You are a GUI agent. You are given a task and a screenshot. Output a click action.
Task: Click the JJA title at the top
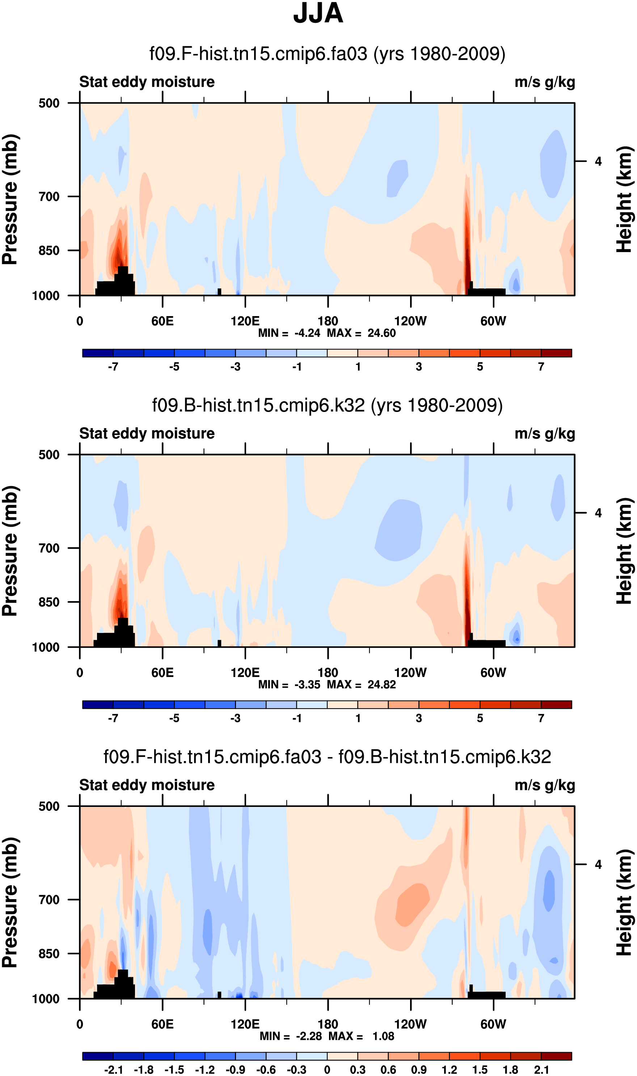pyautogui.click(x=318, y=14)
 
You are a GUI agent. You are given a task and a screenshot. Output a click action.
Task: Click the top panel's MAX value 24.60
pyautogui.click(x=381, y=333)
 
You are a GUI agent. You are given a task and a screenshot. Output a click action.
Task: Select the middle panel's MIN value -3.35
pyautogui.click(x=307, y=684)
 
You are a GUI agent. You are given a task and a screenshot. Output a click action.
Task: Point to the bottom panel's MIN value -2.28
pyautogui.click(x=309, y=1036)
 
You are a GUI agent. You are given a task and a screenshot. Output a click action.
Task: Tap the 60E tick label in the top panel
pyautogui.click(x=162, y=321)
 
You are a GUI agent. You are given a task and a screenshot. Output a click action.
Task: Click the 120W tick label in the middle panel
pyautogui.click(x=410, y=672)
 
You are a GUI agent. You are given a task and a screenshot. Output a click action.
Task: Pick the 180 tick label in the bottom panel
pyautogui.click(x=328, y=1024)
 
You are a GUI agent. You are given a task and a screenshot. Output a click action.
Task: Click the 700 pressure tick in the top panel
pyautogui.click(x=49, y=197)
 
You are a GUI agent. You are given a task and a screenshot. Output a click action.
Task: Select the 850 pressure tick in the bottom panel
pyautogui.click(x=49, y=953)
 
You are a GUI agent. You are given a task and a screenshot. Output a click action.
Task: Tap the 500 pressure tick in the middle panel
pyautogui.click(x=49, y=455)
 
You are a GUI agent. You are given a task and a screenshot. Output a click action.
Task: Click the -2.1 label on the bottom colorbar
pyautogui.click(x=113, y=1069)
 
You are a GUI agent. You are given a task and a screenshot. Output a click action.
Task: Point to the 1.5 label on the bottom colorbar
pyautogui.click(x=480, y=1069)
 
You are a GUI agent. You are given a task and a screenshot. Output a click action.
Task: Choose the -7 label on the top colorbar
pyautogui.click(x=113, y=367)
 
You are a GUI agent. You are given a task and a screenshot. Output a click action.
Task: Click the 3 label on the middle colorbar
pyautogui.click(x=418, y=718)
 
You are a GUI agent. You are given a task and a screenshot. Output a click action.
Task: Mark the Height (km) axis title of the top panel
pyautogui.click(x=625, y=199)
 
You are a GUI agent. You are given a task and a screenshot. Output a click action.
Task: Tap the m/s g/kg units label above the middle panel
pyautogui.click(x=544, y=434)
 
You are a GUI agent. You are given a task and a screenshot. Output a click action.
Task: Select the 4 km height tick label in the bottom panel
pyautogui.click(x=598, y=864)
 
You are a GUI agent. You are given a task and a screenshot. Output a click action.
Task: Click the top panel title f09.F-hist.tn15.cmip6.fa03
pyautogui.click(x=327, y=54)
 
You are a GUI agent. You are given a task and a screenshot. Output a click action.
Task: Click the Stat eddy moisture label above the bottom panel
pyautogui.click(x=147, y=785)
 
